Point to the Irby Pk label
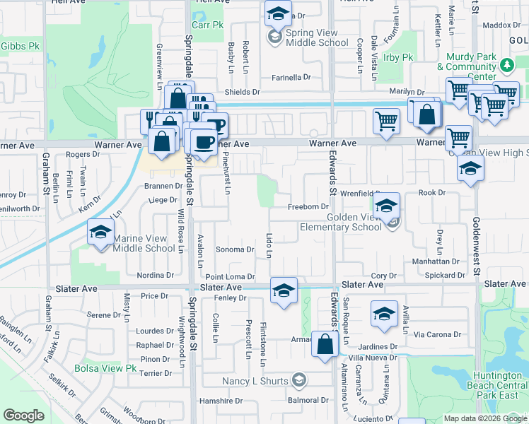point(397,57)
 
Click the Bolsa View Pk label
point(105,368)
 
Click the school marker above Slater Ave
point(284,290)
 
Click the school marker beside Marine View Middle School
point(100,232)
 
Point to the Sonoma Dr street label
point(234,249)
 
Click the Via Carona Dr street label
point(437,334)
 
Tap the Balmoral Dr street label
point(308,401)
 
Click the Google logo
point(23,416)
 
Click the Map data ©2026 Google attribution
point(485,418)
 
